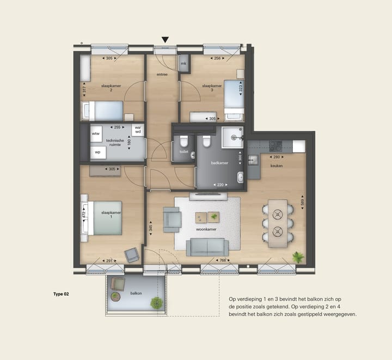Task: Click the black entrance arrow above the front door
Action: (165, 40)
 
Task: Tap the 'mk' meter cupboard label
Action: (183, 64)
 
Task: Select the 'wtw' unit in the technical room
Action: (95, 134)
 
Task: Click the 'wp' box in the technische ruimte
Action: (98, 152)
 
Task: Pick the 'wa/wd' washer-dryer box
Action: (138, 130)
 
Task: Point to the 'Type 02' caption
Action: (61, 294)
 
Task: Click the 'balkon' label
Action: (136, 293)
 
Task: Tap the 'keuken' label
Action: (277, 166)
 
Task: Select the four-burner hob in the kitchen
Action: (275, 147)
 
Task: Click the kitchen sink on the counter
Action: (253, 160)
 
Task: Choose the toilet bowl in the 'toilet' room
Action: (184, 141)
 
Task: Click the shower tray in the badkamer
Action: (232, 137)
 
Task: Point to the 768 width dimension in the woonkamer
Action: (223, 260)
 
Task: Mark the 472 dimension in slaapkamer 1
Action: (84, 214)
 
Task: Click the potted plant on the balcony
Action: (156, 303)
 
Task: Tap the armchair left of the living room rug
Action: (172, 219)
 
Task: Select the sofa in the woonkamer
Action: (207, 247)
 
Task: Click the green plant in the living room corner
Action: (298, 257)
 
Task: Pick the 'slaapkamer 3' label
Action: (212, 88)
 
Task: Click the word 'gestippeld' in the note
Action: (308, 314)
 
